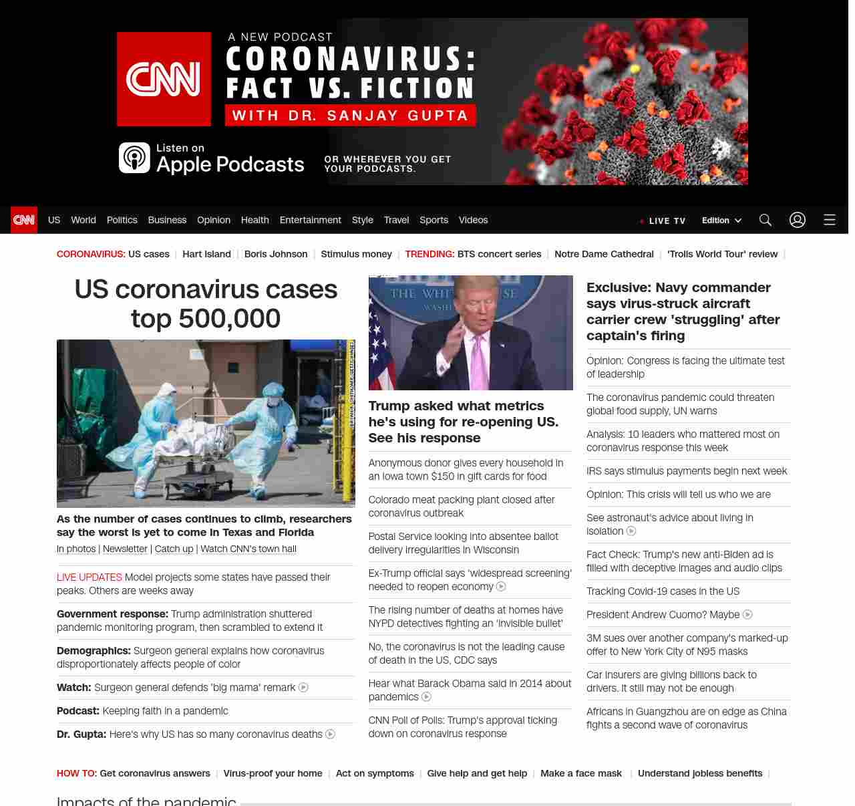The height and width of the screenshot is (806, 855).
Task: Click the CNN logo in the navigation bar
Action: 24,220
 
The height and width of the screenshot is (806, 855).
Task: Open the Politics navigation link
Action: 122,220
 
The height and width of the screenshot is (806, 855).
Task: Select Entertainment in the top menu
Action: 310,220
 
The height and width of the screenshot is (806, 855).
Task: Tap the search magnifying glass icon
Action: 765,220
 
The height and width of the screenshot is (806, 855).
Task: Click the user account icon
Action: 797,220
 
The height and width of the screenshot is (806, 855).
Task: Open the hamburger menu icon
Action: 829,220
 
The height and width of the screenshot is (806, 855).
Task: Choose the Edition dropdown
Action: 721,221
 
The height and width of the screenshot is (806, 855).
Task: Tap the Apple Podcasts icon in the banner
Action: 134,158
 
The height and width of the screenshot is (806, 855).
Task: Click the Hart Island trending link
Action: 206,254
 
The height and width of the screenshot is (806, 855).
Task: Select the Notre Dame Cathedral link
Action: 604,254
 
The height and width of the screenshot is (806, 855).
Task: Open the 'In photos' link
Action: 76,549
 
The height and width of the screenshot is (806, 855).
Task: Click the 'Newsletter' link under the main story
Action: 125,549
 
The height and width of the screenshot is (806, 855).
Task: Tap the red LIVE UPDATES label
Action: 90,577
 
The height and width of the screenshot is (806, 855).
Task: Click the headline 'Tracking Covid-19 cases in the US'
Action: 663,591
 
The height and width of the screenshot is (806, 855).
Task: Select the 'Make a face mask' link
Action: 580,773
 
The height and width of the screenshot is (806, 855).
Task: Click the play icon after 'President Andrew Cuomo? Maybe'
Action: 747,614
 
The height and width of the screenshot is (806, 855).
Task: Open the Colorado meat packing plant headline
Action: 462,506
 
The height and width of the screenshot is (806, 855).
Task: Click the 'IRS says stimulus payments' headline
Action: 687,471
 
